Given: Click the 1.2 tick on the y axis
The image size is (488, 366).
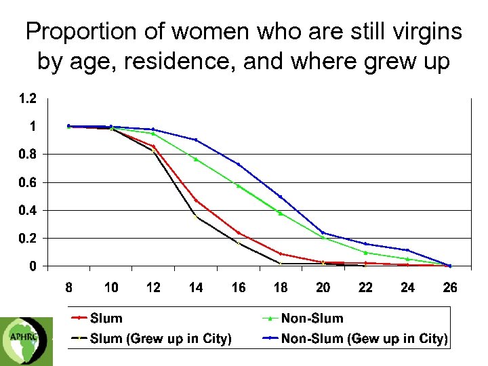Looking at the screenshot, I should pos(28,99).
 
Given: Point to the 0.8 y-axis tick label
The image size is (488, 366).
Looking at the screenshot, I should pos(28,155).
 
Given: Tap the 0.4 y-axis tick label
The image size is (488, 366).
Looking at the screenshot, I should pos(28,210).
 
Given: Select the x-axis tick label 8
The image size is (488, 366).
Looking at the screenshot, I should pos(69,287).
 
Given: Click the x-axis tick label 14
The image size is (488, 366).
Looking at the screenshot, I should pos(196,287).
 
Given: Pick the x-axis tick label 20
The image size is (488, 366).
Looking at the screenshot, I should pos(323,287).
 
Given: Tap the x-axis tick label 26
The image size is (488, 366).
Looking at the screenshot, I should pos(450,287).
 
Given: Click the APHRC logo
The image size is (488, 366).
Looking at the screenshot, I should pos(24,338).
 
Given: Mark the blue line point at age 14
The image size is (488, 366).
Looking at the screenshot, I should pos(196,140).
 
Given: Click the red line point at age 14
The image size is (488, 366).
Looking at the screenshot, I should pos(196,200).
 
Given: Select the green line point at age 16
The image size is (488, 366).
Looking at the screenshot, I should pos(239,186).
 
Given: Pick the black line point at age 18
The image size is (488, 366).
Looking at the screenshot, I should pos(281,263).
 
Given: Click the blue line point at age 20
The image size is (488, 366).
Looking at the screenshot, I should pos(323,233).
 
